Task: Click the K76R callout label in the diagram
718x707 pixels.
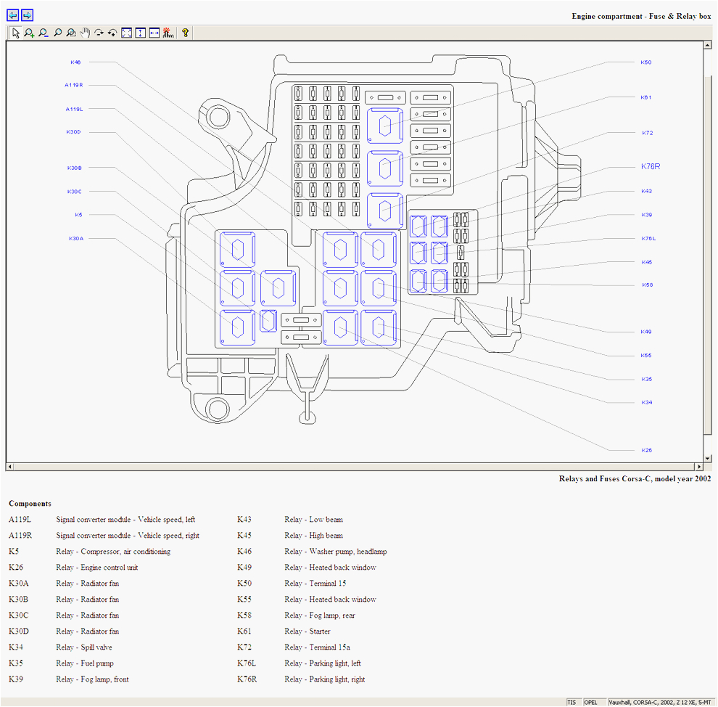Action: click(651, 166)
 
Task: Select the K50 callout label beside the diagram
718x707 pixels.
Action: click(645, 62)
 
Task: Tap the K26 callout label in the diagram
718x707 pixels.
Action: click(646, 450)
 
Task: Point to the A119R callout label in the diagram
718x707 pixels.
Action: click(74, 85)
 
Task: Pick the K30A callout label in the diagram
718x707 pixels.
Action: click(76, 238)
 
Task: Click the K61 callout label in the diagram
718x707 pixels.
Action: click(645, 97)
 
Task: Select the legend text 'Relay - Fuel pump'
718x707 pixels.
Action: click(84, 663)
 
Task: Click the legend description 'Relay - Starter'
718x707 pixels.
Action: click(307, 632)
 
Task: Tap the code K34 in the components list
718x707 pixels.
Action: click(16, 647)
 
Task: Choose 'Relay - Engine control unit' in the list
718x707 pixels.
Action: click(96, 568)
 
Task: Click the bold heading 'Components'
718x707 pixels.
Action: click(30, 503)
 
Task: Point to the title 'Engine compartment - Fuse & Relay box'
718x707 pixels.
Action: click(641, 16)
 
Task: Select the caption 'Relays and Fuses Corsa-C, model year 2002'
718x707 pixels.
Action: click(635, 478)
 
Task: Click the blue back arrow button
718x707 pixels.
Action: click(12, 15)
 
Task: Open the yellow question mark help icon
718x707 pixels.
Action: click(185, 33)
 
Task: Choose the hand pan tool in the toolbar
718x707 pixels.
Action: click(85, 33)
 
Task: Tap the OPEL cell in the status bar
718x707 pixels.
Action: click(592, 702)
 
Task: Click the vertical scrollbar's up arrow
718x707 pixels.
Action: click(708, 45)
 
